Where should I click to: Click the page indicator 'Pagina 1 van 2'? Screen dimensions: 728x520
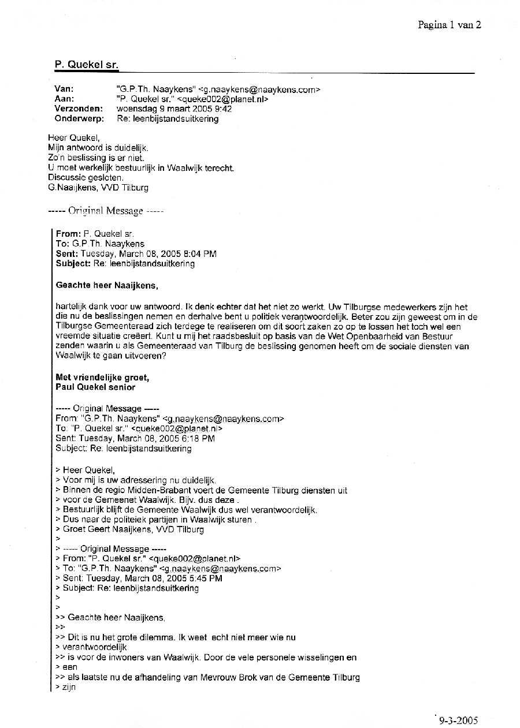tap(450, 24)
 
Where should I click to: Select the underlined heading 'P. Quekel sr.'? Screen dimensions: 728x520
tap(86, 65)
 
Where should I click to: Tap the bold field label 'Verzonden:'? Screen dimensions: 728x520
tap(79, 109)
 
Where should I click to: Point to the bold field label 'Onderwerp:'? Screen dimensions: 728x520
tap(79, 118)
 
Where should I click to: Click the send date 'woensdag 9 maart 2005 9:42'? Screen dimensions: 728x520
tap(174, 109)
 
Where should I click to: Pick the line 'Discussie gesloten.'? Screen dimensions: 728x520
tap(86, 177)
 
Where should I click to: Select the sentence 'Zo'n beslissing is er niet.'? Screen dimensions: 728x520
tap(96, 158)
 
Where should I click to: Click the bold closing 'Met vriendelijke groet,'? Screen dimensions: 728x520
tap(102, 378)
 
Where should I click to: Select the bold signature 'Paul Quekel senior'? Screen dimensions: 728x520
tap(95, 387)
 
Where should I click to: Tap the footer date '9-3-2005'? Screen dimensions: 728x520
tap(458, 720)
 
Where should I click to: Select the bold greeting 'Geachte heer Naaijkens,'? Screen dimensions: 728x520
tap(106, 285)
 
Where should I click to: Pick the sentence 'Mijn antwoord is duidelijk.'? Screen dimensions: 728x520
tap(98, 148)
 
